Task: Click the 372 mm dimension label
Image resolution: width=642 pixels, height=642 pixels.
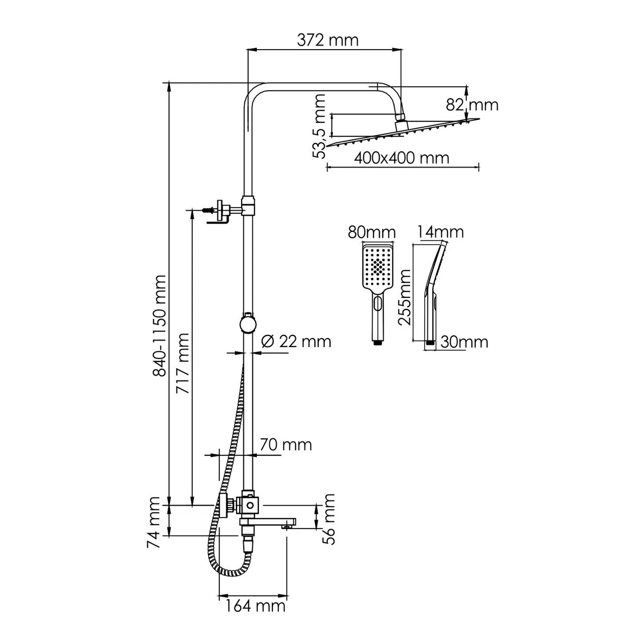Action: (x=328, y=40)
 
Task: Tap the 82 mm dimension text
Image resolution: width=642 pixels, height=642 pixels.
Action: (x=472, y=105)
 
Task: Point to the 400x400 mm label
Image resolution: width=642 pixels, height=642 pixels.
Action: (x=401, y=158)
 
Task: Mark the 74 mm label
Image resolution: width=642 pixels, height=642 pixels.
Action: (x=154, y=522)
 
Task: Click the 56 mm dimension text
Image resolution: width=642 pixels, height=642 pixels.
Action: (x=329, y=519)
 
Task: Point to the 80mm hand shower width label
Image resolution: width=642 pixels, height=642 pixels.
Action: (x=372, y=233)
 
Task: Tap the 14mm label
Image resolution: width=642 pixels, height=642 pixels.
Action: (x=441, y=232)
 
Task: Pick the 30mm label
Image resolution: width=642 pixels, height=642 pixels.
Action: (x=464, y=342)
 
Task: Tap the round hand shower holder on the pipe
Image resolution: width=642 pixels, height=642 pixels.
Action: (x=248, y=324)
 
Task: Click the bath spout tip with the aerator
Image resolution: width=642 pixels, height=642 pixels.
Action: (x=288, y=526)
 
